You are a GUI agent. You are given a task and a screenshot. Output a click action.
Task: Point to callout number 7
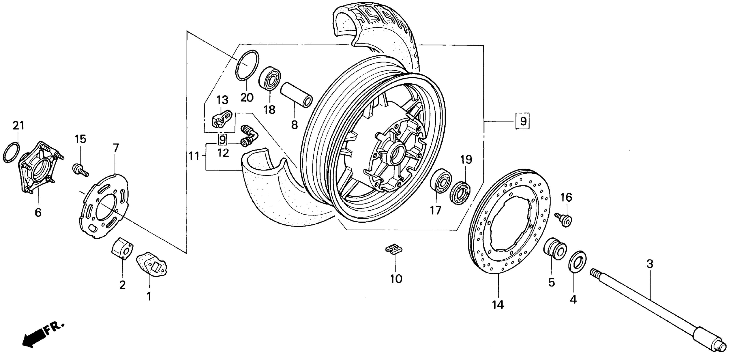pyautogui.click(x=116, y=148)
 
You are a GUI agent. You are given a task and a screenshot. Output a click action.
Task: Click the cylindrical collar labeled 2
pyautogui.click(x=122, y=248)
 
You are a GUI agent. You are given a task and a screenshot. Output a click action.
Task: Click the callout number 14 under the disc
pyautogui.click(x=498, y=305)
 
